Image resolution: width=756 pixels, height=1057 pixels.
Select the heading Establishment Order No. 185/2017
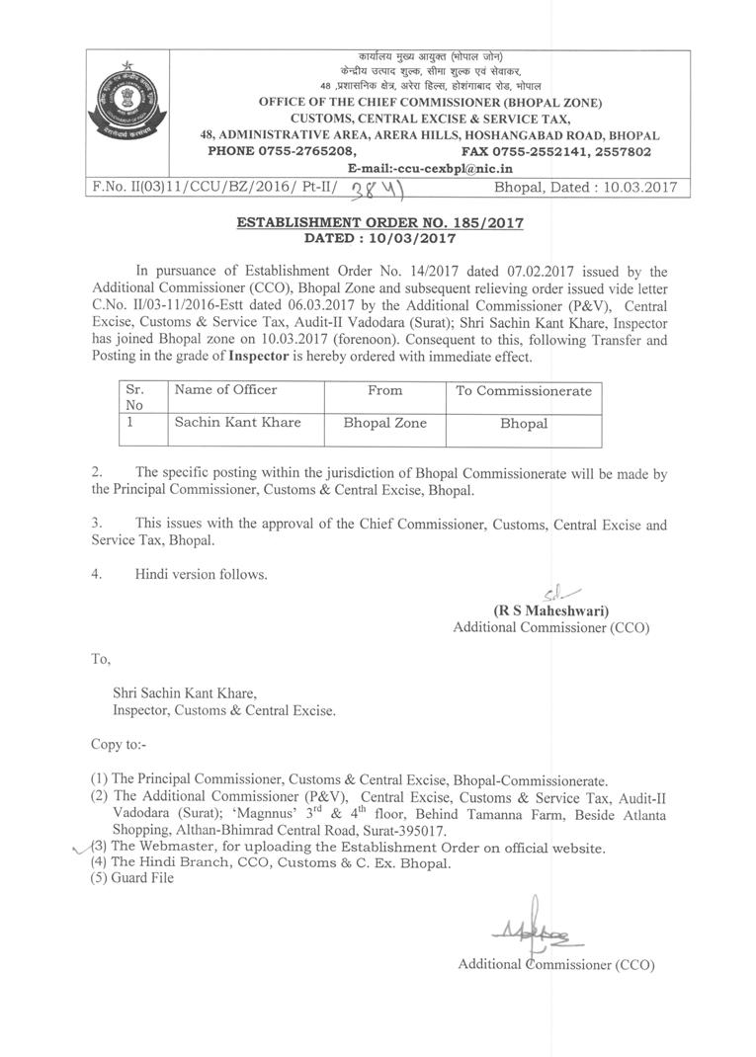pyautogui.click(x=379, y=223)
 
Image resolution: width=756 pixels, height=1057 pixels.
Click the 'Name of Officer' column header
pyautogui.click(x=226, y=390)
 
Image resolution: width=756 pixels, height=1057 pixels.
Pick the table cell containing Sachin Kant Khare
pyautogui.click(x=238, y=422)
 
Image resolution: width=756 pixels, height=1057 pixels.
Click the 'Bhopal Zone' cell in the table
pyautogui.click(x=384, y=422)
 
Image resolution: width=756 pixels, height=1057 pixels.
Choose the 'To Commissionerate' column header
pyautogui.click(x=523, y=391)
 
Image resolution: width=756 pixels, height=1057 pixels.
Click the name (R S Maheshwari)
pyautogui.click(x=550, y=610)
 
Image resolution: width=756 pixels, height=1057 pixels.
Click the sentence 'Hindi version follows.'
pyautogui.click(x=201, y=574)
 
